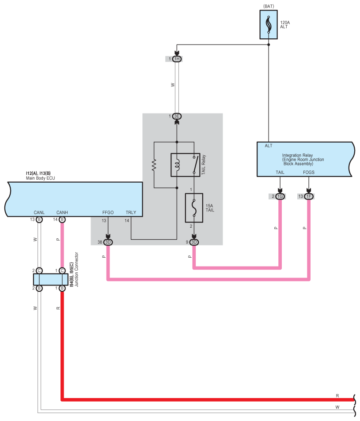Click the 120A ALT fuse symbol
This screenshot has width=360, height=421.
[269, 25]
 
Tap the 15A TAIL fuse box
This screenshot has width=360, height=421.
[194, 208]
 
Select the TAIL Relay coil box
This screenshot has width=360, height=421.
[186, 165]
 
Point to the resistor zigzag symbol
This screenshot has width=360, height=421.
[154, 165]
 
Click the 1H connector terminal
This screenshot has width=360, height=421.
[177, 59]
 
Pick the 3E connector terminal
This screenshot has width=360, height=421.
[177, 116]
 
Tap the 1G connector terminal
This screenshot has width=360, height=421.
[280, 196]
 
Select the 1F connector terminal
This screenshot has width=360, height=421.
[309, 196]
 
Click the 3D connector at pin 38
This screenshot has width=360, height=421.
[108, 242]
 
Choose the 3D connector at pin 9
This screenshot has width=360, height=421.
[194, 242]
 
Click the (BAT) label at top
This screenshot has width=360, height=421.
[269, 6]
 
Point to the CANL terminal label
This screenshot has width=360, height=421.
[39, 212]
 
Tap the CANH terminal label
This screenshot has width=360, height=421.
[62, 212]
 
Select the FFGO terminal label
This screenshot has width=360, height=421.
[108, 212]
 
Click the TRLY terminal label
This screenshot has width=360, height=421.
[131, 212]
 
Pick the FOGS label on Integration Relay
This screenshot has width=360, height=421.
[309, 173]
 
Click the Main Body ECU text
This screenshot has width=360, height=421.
[41, 178]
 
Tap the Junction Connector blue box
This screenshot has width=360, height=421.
[50, 279]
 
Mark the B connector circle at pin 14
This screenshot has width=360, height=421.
[62, 220]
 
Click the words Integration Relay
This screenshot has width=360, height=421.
[297, 155]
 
